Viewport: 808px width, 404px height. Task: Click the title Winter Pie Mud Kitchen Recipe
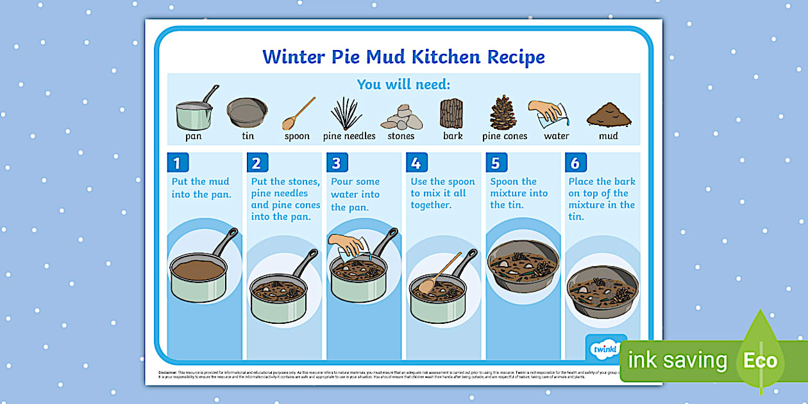click(x=403, y=56)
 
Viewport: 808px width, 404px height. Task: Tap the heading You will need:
click(x=403, y=84)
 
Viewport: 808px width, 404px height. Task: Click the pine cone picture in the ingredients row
click(x=503, y=113)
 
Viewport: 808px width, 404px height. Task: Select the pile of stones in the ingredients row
click(x=401, y=117)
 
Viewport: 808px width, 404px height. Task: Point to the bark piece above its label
click(x=451, y=114)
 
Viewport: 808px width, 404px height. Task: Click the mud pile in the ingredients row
click(x=608, y=115)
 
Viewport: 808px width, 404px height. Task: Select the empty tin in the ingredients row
click(x=247, y=112)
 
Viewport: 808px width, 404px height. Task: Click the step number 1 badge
click(x=177, y=163)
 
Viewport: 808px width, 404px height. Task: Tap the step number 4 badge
click(x=416, y=163)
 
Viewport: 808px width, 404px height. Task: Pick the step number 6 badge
click(x=575, y=163)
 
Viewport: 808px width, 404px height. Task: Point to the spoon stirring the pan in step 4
click(x=439, y=272)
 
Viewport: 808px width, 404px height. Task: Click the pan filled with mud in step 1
click(x=199, y=273)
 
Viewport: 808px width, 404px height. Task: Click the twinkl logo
click(x=605, y=349)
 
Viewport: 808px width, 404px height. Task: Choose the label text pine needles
click(x=349, y=136)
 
